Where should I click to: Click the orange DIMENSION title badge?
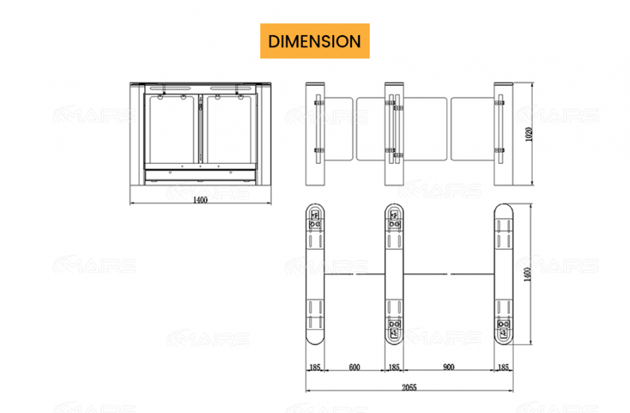[314, 41]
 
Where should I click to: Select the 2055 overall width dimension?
[409, 388]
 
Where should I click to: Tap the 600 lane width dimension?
[354, 368]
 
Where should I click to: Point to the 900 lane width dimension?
[448, 368]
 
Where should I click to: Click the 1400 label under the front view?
[200, 200]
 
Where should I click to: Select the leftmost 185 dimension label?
[314, 368]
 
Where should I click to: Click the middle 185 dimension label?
[394, 368]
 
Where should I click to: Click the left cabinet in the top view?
[315, 274]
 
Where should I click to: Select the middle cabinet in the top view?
[394, 274]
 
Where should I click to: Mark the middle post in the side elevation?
[394, 134]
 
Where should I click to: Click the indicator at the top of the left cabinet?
[315, 219]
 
